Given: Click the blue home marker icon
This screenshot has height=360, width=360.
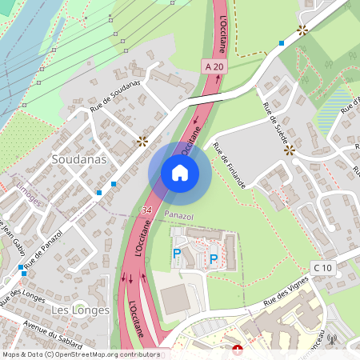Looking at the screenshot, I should (x=180, y=172).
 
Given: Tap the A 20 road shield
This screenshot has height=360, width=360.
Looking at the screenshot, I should (x=213, y=66).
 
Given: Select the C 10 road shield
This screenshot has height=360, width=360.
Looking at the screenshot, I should (x=322, y=266).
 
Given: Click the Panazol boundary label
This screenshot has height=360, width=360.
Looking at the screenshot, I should (x=178, y=216).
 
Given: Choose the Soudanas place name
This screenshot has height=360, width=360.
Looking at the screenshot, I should (x=78, y=159).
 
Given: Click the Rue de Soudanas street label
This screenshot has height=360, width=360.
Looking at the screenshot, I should (x=115, y=95).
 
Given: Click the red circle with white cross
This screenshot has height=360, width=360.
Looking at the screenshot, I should (x=237, y=350).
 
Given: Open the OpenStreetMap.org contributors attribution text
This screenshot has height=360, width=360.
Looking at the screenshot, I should (x=104, y=354).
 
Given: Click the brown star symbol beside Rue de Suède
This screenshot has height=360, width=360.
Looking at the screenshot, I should (x=289, y=149).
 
